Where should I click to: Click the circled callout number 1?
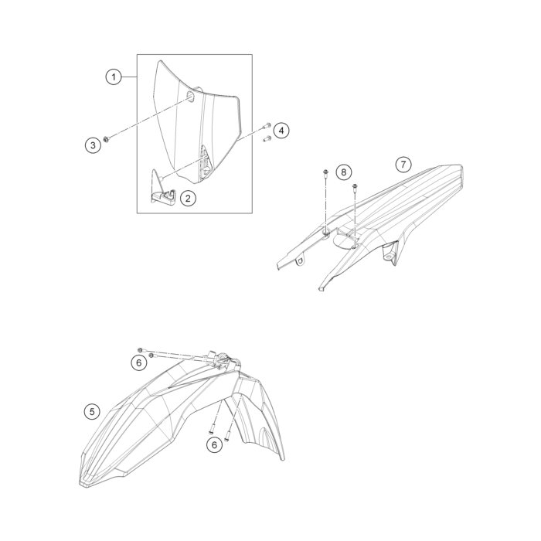tap(114, 77)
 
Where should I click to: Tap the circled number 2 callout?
tap(188, 199)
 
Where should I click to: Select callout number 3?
tap(93, 145)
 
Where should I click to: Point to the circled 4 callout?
tap(281, 131)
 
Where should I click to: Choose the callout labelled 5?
tap(92, 412)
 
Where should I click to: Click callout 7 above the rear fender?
tap(403, 164)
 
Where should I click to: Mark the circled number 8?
tap(343, 172)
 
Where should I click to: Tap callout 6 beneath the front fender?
tap(214, 445)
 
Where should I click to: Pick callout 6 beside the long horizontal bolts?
tap(138, 362)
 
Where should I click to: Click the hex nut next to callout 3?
tap(107, 139)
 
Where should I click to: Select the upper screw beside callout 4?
tap(267, 126)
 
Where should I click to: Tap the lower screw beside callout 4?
tap(267, 138)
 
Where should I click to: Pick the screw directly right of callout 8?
tap(355, 188)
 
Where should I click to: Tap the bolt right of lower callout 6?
tap(227, 437)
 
